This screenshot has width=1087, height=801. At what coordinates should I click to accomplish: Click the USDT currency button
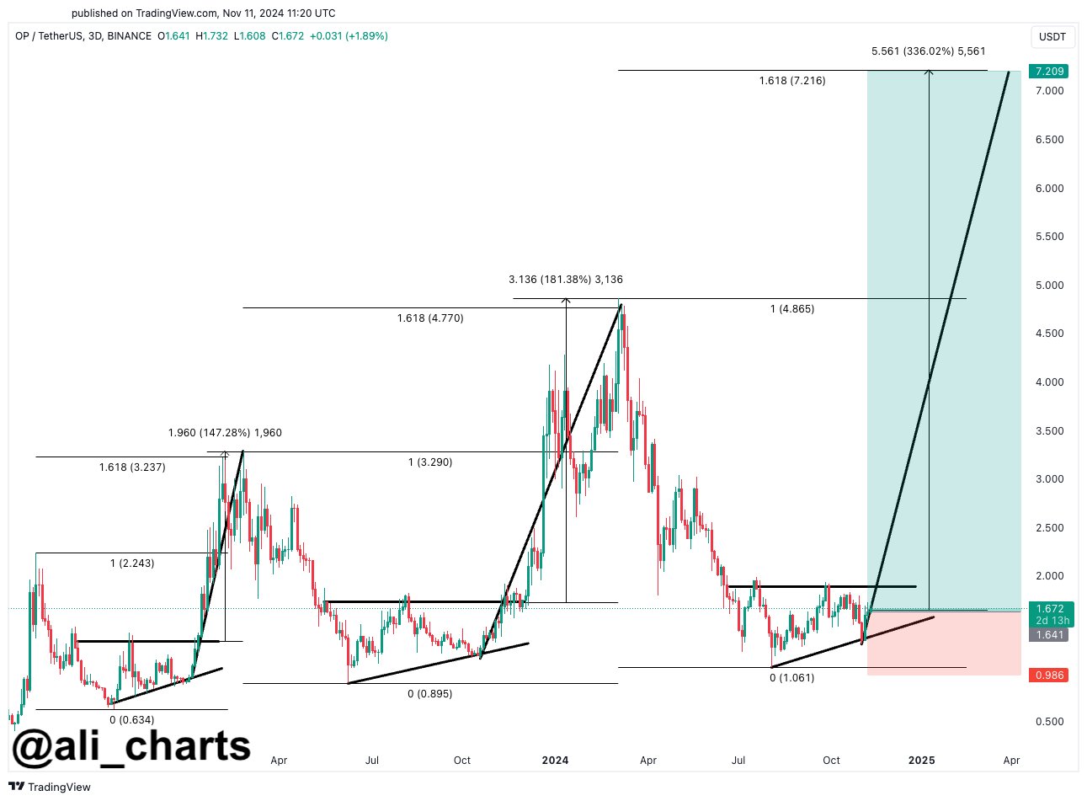1052,37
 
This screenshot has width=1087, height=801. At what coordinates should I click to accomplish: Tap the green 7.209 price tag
1050,72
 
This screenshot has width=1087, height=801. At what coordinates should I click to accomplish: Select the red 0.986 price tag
1050,676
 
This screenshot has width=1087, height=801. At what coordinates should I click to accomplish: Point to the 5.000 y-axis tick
1050,285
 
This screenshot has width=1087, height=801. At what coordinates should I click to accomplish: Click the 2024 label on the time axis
555,760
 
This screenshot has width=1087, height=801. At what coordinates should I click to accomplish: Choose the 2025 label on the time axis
921,760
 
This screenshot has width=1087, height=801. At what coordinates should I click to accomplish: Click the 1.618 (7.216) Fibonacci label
791,81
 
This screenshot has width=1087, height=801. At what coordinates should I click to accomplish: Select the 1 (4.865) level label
791,309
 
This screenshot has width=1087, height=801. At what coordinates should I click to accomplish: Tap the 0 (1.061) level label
792,677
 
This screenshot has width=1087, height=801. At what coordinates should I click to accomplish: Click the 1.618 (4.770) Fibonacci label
430,318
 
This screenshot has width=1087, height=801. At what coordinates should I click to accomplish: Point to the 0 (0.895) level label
429,694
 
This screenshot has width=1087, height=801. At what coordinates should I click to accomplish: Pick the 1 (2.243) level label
132,563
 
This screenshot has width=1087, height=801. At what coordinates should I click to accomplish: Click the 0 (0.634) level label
133,719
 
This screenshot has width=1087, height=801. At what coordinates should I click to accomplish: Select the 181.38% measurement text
566,280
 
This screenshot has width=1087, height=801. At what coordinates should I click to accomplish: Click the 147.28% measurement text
225,433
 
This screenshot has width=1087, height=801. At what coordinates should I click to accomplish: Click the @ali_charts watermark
131,745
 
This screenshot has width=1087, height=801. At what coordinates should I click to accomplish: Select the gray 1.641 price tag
1050,635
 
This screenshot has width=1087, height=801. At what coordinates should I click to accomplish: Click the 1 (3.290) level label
430,462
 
